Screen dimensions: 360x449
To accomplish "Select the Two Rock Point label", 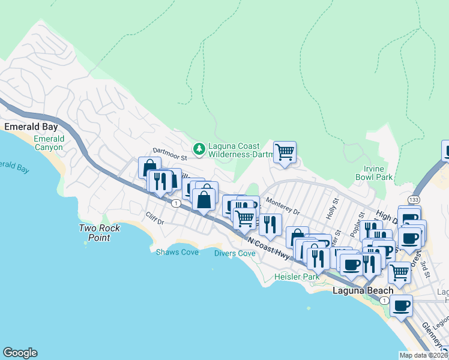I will point(100,233).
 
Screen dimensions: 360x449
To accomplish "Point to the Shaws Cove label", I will point(177,253).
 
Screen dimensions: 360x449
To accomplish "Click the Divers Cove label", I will point(235,253).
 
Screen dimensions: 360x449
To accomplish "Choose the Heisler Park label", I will point(297,277).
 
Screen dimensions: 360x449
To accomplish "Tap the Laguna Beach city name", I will point(363,291).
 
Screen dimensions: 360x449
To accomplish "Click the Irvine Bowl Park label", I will point(378,173).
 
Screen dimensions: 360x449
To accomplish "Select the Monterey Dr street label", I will point(282,208).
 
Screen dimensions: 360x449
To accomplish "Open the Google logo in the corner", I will point(20,353).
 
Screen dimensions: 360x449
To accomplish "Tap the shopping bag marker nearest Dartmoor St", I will point(149,167).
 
